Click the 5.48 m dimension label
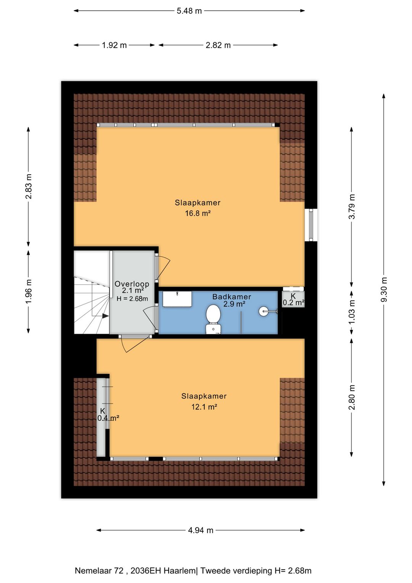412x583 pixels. pos(189,11)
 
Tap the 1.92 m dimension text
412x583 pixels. pos(114,45)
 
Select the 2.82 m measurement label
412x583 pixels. pos(218,45)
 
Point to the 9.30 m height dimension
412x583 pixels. pos(384,290)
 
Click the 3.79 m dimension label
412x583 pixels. pos(351,207)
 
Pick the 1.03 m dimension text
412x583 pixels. pos(351,312)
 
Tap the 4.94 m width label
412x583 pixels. pos(201,530)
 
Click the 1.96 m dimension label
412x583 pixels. pos(28,291)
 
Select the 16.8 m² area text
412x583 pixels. pos(198,214)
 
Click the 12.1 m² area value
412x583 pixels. pos(204,407)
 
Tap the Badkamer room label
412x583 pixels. pos(232,296)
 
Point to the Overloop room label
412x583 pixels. pos(132,284)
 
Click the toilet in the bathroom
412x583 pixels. pos(213,319)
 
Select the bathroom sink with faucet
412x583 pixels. pos(177,299)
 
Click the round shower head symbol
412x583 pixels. pos(263,311)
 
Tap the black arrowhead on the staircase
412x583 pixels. pos(105,316)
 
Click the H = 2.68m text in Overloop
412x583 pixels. pos(132,298)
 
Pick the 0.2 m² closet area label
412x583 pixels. pos(293,303)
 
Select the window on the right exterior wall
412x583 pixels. pos(311,225)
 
